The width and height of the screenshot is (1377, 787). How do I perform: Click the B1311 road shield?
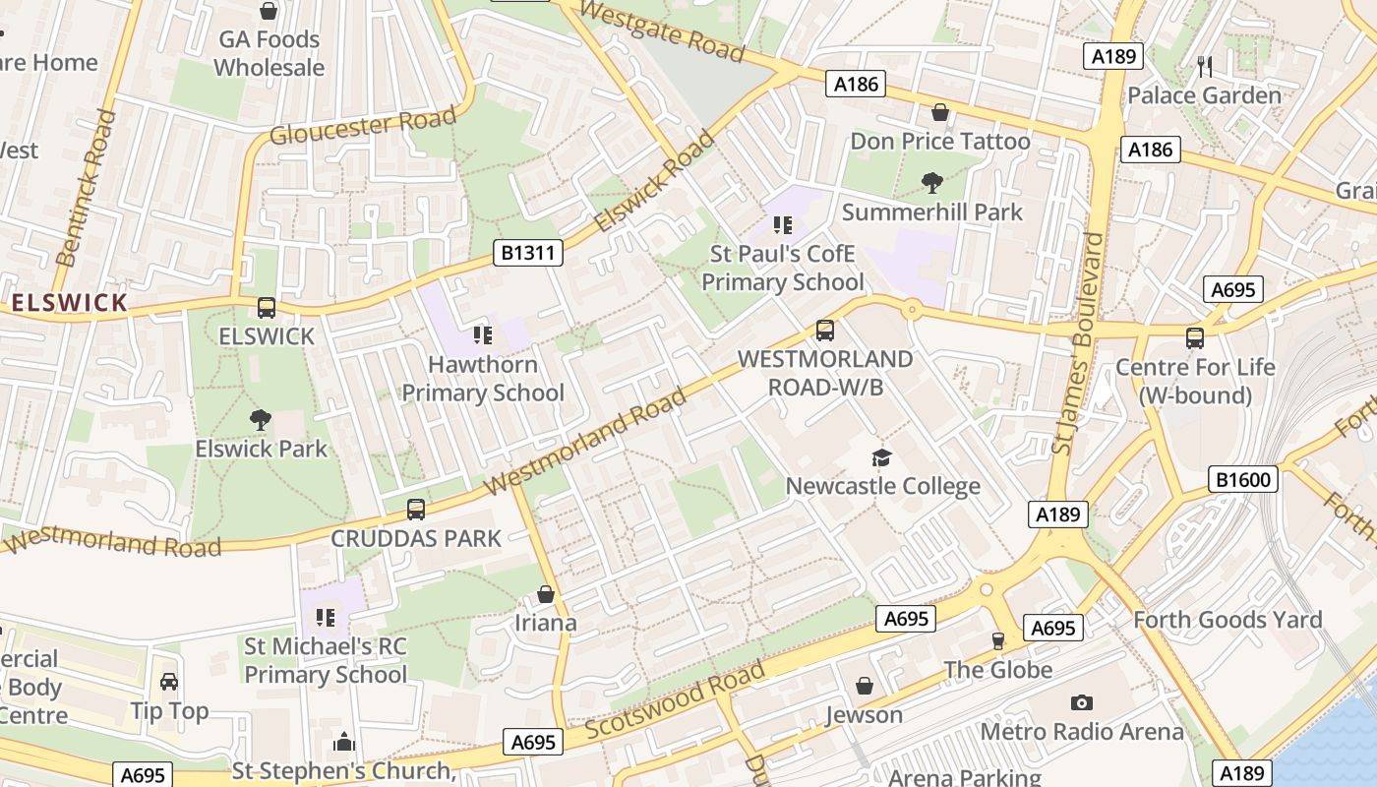[x=528, y=254]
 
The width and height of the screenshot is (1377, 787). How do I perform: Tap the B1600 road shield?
[x=1243, y=480]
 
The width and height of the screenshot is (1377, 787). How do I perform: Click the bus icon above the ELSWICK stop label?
[x=267, y=308]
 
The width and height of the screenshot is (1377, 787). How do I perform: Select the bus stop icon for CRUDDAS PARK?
[x=416, y=510]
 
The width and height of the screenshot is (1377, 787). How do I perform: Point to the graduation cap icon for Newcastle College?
[x=881, y=457]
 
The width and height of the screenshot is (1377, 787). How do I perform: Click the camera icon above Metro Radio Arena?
[x=1082, y=702]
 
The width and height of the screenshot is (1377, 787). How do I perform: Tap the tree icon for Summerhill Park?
[x=931, y=182]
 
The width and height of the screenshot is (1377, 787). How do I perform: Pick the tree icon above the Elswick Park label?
[x=261, y=420]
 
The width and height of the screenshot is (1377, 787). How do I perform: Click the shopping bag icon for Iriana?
[x=546, y=594]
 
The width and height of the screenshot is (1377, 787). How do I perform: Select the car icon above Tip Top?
[x=169, y=682]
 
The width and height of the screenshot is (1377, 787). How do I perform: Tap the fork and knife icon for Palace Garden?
[x=1205, y=66]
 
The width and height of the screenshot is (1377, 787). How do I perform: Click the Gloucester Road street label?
[x=363, y=127]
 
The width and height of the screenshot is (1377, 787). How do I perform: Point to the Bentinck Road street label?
[x=86, y=188]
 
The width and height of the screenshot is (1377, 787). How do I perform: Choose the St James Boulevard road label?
[x=1078, y=343]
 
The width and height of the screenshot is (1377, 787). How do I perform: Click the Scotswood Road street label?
[x=675, y=701]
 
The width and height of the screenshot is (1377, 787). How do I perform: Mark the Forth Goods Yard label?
[x=1227, y=620]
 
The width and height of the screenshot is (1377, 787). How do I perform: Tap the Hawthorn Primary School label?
[x=483, y=379]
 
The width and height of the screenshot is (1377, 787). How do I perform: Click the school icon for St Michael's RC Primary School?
[x=326, y=618]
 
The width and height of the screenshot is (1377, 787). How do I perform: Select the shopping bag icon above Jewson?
[x=865, y=686]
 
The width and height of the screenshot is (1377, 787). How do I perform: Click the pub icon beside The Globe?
[x=998, y=641]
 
